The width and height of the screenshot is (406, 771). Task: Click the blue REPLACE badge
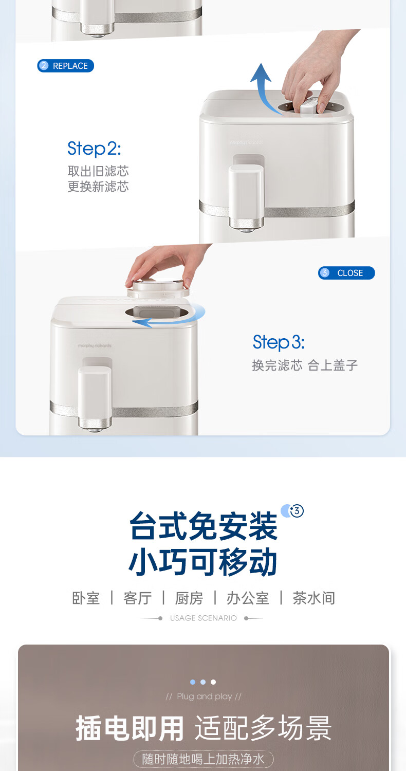pyautogui.click(x=65, y=66)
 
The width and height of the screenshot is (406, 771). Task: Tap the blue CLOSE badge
pyautogui.click(x=346, y=273)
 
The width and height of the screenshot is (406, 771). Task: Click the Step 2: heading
pyautogui.click(x=94, y=149)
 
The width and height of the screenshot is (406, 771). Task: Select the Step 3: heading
pyautogui.click(x=279, y=342)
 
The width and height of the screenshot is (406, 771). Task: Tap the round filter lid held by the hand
pyautogui.click(x=158, y=288)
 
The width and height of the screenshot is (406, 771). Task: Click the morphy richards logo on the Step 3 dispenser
pyautogui.click(x=95, y=345)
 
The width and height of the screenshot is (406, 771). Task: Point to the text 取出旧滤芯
pyautogui.click(x=98, y=171)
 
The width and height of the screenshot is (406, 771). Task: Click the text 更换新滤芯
pyautogui.click(x=98, y=187)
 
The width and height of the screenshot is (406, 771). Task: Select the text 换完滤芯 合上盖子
pyautogui.click(x=305, y=365)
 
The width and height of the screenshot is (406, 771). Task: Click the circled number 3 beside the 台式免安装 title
pyautogui.click(x=297, y=511)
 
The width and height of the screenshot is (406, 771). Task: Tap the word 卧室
pyautogui.click(x=86, y=598)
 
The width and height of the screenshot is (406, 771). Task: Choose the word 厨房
pyautogui.click(x=189, y=598)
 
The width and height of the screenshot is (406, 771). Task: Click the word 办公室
pyautogui.click(x=248, y=598)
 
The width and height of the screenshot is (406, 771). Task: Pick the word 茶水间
pyautogui.click(x=314, y=598)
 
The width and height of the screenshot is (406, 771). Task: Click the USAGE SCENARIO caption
pyautogui.click(x=204, y=618)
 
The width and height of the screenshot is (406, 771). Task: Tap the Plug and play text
pyautogui.click(x=204, y=696)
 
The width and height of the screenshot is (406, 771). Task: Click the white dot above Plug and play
pyautogui.click(x=213, y=682)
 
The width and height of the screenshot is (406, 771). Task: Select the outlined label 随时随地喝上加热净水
pyautogui.click(x=204, y=759)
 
